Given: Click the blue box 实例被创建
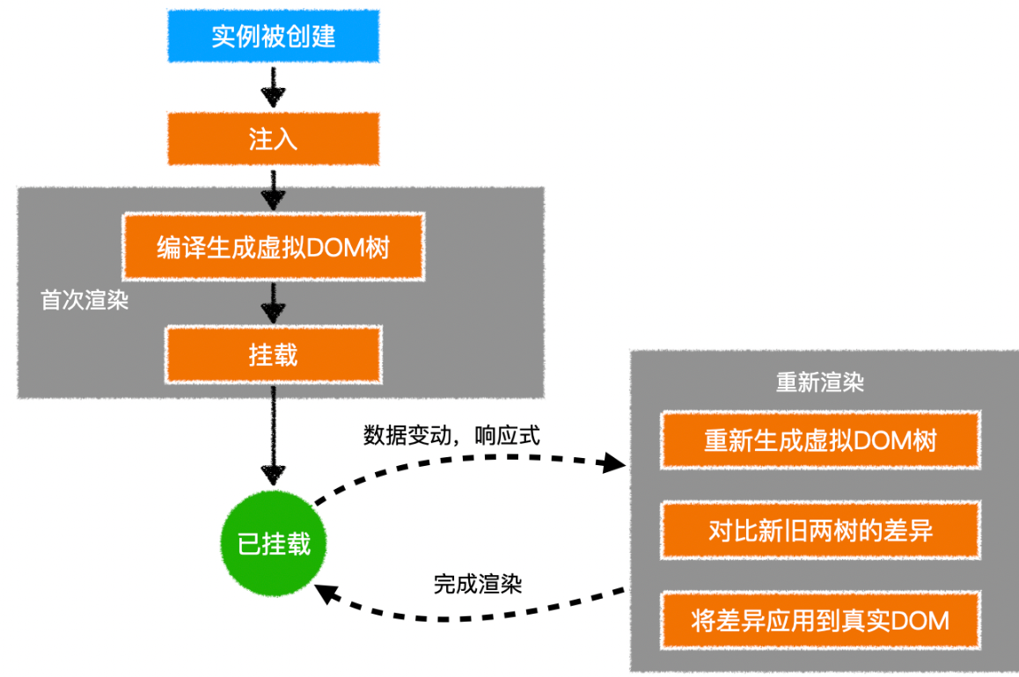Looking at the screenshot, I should pyautogui.click(x=273, y=38).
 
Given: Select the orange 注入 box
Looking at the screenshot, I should pyautogui.click(x=273, y=139).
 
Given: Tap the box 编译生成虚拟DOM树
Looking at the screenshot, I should pyautogui.click(x=273, y=246).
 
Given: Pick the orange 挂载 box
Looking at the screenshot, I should pyautogui.click(x=273, y=353).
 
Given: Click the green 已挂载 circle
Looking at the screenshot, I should pyautogui.click(x=273, y=544).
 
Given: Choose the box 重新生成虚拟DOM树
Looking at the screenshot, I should pyautogui.click(x=820, y=440).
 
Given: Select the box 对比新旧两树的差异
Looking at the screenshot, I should pyautogui.click(x=820, y=530).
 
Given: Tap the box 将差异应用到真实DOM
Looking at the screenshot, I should pyautogui.click(x=820, y=621).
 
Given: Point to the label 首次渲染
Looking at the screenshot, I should pyautogui.click(x=85, y=301).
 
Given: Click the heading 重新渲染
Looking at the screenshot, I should pyautogui.click(x=819, y=382).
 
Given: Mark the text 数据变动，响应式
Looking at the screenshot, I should pyautogui.click(x=451, y=434).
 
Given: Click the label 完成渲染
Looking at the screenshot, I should pyautogui.click(x=477, y=584).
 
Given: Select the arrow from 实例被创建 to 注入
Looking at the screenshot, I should pyautogui.click(x=273, y=88).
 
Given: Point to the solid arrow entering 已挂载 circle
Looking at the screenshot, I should pyautogui.click(x=273, y=440).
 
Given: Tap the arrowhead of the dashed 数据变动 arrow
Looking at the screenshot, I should pyautogui.click(x=613, y=463).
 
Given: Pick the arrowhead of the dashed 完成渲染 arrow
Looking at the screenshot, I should pyautogui.click(x=326, y=594).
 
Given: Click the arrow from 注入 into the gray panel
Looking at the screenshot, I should pyautogui.click(x=273, y=187).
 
